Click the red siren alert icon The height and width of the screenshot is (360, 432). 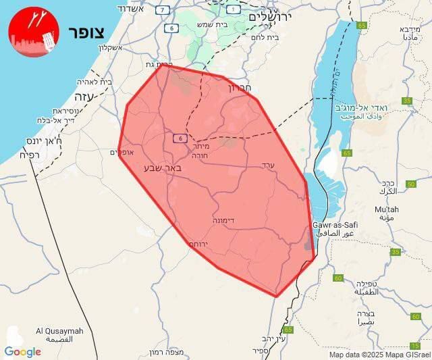[34, 32]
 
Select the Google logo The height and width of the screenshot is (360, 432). [22, 351]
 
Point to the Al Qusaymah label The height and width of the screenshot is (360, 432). [59, 331]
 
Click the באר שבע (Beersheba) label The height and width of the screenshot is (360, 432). [163, 166]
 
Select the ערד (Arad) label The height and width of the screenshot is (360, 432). [269, 163]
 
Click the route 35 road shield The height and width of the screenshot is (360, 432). [407, 101]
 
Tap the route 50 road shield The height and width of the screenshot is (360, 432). [411, 184]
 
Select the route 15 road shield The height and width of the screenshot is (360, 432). [414, 346]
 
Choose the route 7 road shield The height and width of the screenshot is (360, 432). [162, 9]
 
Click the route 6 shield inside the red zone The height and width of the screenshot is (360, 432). [179, 138]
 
